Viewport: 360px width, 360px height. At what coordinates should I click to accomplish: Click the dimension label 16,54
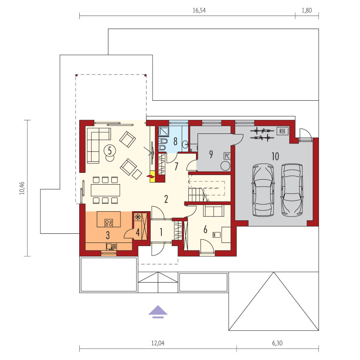pyautogui.click(x=199, y=10)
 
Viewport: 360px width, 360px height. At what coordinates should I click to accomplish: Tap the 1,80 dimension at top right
pyautogui.click(x=307, y=10)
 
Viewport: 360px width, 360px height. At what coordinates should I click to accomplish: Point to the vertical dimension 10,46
pyautogui.click(x=22, y=188)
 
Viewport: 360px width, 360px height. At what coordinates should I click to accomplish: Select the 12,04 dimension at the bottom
pyautogui.click(x=158, y=343)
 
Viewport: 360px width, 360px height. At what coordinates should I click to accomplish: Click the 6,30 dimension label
pyautogui.click(x=277, y=343)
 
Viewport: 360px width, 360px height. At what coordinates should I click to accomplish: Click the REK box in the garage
pyautogui.click(x=283, y=131)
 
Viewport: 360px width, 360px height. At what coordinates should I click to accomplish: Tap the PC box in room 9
pyautogui.click(x=227, y=156)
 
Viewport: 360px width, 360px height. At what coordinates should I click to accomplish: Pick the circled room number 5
pyautogui.click(x=110, y=151)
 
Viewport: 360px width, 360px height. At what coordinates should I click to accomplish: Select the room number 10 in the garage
pyautogui.click(x=275, y=157)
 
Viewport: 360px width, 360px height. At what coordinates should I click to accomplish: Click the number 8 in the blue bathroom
pyautogui.click(x=175, y=141)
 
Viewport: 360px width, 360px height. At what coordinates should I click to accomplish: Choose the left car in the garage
pyautogui.click(x=264, y=190)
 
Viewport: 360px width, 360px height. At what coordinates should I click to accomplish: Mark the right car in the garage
pyautogui.click(x=292, y=190)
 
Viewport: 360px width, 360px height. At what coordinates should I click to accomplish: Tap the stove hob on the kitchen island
pyautogui.click(x=109, y=223)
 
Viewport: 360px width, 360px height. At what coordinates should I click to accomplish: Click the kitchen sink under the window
pyautogui.click(x=112, y=247)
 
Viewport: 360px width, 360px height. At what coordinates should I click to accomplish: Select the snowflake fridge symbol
pyautogui.click(x=138, y=217)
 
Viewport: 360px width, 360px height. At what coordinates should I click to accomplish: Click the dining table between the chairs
pyautogui.click(x=105, y=190)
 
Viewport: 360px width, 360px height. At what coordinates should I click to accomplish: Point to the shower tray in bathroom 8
pyautogui.click(x=164, y=131)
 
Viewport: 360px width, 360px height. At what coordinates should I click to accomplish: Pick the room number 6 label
pyautogui.click(x=205, y=229)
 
